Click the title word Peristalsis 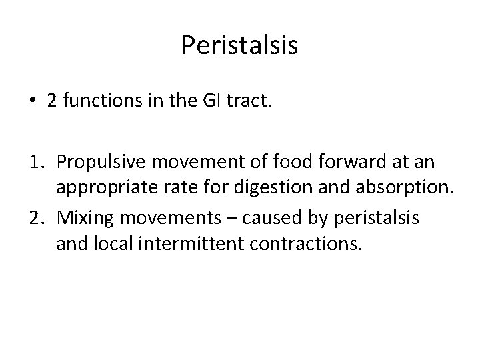239,45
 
